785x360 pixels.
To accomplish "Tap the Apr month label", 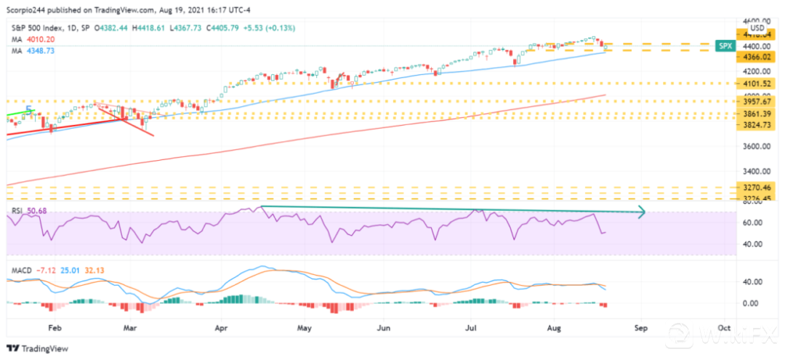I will point(222,328).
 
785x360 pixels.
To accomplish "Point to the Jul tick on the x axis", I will point(472,328).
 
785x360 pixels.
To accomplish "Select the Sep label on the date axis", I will point(640,328).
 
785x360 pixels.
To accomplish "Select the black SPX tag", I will point(725,45).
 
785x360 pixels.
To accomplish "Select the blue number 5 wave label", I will point(29,111).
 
